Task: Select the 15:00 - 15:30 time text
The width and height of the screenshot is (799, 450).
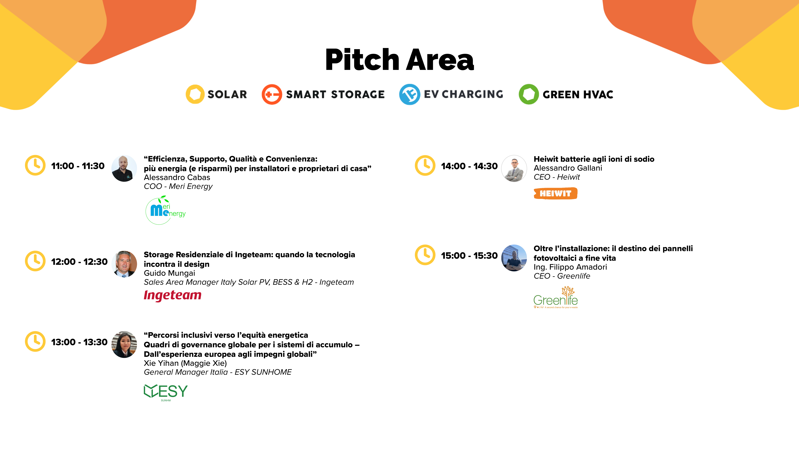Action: [469, 256]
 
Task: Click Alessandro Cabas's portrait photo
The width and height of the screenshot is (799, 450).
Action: [124, 168]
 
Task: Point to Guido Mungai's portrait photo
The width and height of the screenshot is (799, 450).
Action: [124, 264]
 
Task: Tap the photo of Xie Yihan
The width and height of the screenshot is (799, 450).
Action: [124, 344]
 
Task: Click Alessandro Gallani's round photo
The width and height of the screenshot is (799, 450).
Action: [514, 168]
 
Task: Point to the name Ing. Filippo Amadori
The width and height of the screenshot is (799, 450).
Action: [570, 267]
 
